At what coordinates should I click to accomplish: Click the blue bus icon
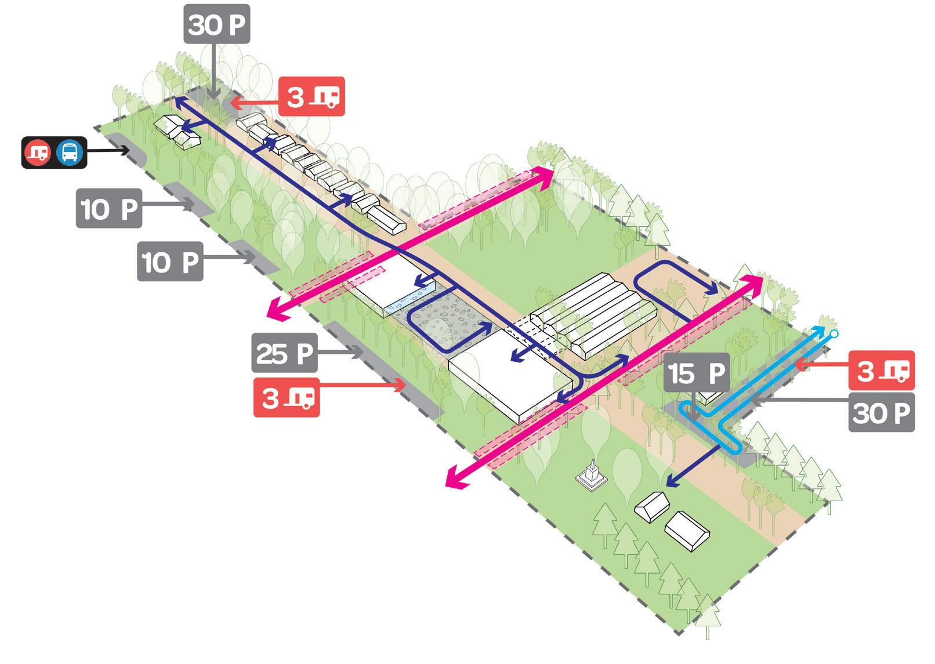pyautogui.click(x=70, y=153)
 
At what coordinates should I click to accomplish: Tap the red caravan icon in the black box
pyautogui.click(x=38, y=153)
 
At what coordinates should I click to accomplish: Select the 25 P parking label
pyautogui.click(x=284, y=353)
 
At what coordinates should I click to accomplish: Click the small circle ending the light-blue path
pyautogui.click(x=834, y=333)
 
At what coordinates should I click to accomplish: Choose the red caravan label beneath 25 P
pyautogui.click(x=287, y=398)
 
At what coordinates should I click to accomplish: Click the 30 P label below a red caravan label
pyautogui.click(x=881, y=412)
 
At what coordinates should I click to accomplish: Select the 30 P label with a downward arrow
pyautogui.click(x=217, y=24)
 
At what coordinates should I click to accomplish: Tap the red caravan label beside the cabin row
pyautogui.click(x=311, y=96)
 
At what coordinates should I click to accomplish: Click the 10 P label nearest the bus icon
pyautogui.click(x=109, y=208)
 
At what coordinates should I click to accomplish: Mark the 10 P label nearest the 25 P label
pyautogui.click(x=170, y=262)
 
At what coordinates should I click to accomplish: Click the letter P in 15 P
pyautogui.click(x=716, y=373)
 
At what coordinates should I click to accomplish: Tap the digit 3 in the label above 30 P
pyautogui.click(x=865, y=371)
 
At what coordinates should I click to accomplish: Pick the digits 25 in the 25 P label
pyautogui.click(x=271, y=353)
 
